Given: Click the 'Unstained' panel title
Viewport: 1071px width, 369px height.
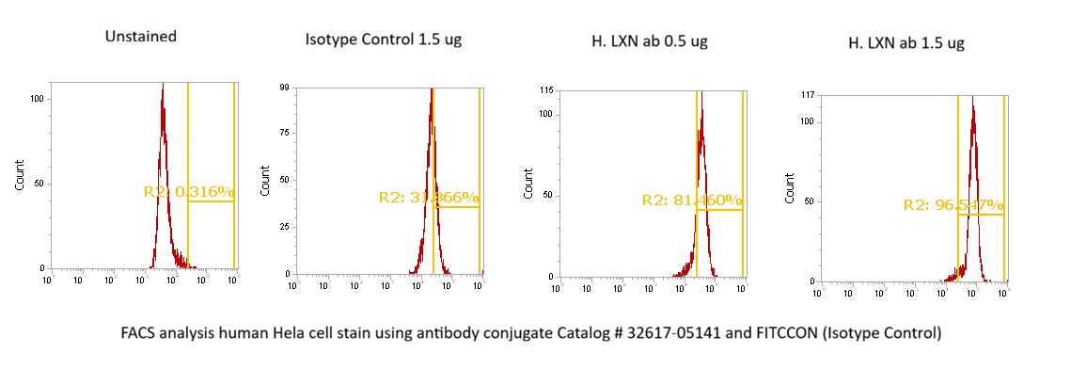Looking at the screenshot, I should [141, 37].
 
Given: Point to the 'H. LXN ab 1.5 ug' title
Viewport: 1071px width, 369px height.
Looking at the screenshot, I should [906, 42].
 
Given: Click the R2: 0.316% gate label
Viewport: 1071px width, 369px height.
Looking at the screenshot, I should [188, 192].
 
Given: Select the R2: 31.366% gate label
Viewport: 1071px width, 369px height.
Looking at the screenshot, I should [429, 198].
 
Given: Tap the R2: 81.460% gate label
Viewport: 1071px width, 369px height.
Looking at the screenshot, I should [692, 201].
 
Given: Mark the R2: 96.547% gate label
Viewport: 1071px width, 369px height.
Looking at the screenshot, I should [953, 205].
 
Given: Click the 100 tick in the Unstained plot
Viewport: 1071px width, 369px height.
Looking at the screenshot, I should [38, 98].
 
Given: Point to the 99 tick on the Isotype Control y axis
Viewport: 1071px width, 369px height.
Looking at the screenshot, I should [281, 88].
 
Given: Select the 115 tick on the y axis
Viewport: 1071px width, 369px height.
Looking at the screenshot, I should [545, 90].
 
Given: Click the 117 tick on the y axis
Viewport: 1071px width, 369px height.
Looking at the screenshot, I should [806, 95].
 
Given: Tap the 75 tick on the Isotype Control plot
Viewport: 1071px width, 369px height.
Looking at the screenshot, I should [281, 134].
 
